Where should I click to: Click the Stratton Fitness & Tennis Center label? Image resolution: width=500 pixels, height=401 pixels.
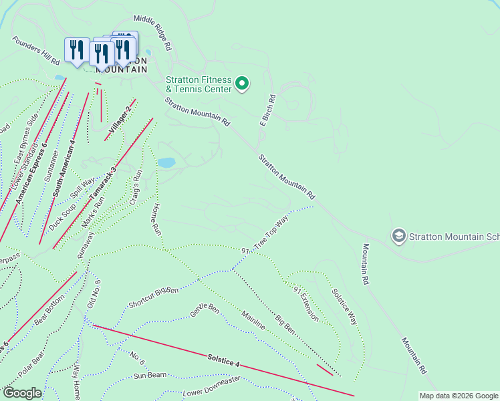[x=199, y=84]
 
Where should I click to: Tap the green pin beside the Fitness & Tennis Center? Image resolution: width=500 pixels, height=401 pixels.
[x=242, y=84]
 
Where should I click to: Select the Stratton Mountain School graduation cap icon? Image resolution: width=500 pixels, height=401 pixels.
[x=399, y=235]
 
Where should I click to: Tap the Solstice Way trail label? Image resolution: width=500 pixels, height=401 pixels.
[x=344, y=306]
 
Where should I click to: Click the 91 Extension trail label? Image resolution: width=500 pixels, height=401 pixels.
[x=305, y=303]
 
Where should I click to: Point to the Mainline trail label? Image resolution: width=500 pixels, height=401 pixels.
[x=253, y=320]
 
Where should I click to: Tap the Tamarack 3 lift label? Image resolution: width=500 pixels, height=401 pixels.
[x=103, y=184]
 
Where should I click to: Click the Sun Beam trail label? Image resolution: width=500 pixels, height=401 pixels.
[x=149, y=376]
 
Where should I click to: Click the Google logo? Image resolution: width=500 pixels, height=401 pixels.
[x=23, y=393]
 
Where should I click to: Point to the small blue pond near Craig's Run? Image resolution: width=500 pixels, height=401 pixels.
[x=166, y=162]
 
